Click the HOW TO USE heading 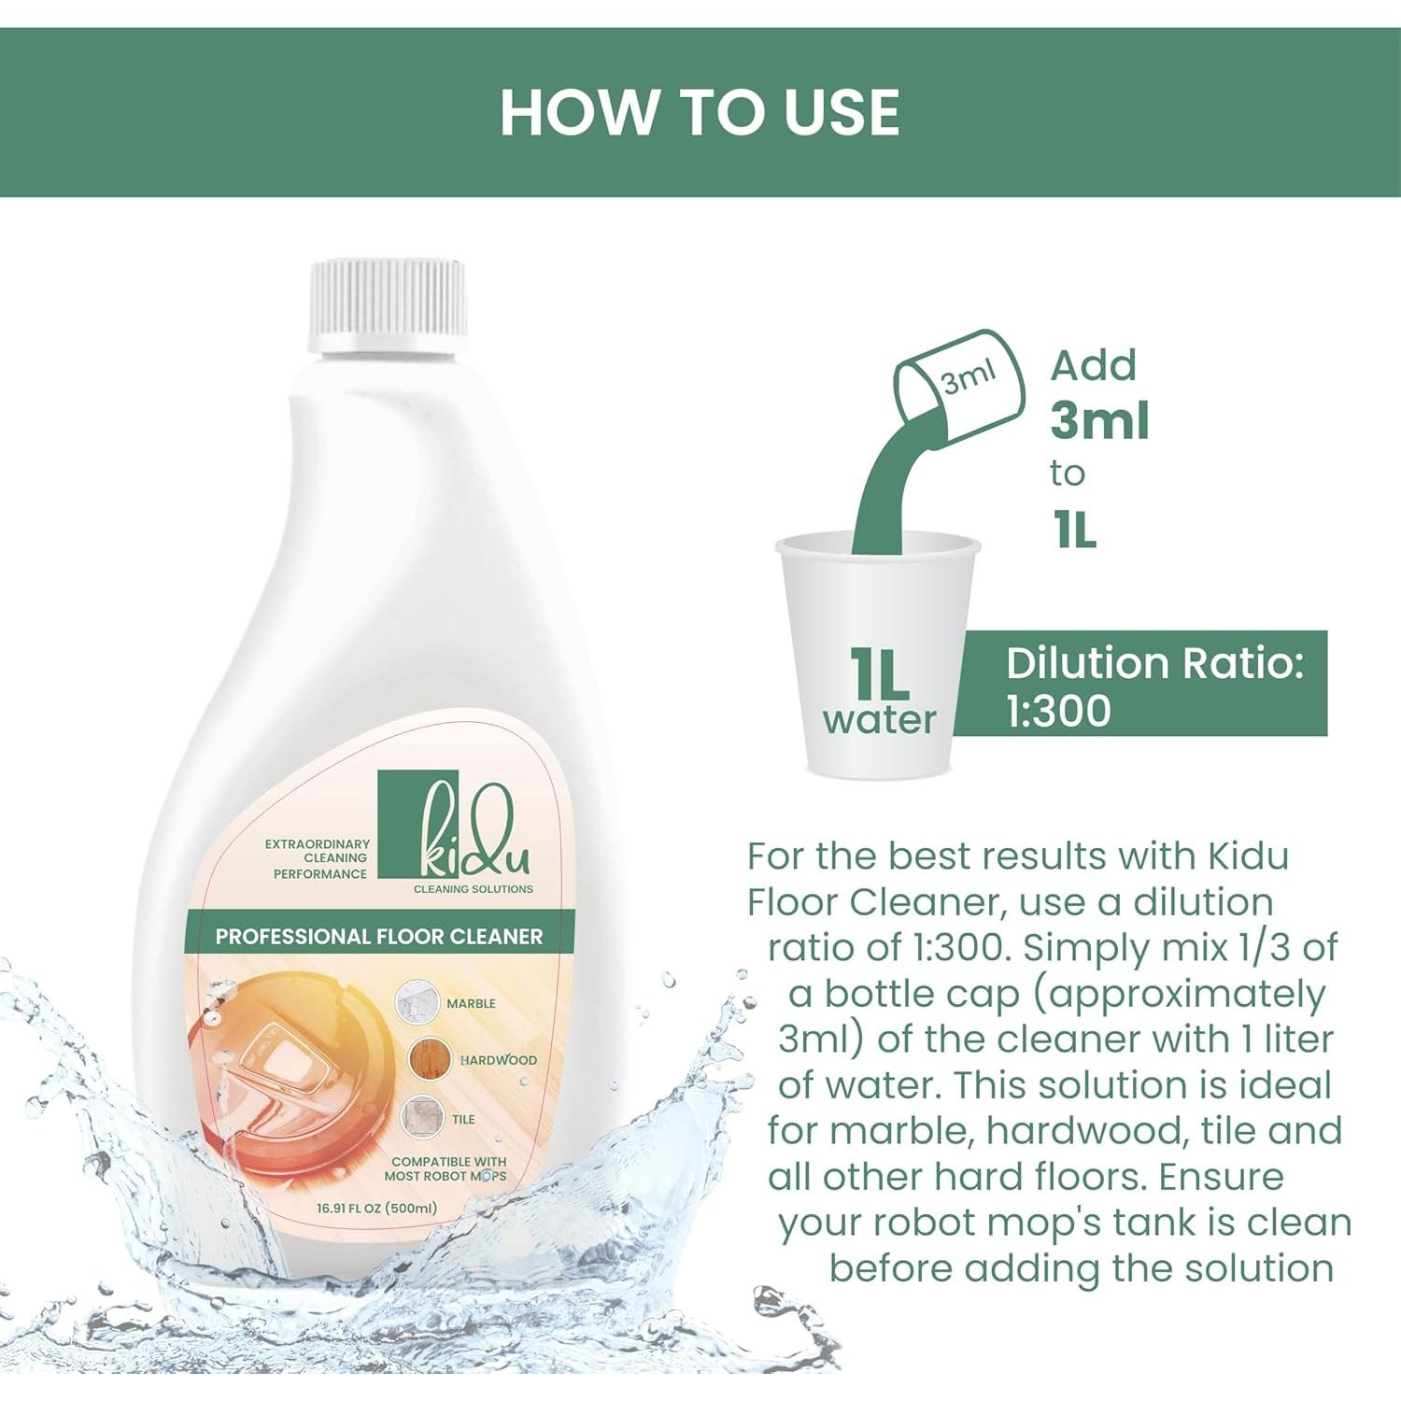700,112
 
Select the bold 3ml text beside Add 1099,420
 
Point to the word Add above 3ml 1093,365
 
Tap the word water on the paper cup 879,720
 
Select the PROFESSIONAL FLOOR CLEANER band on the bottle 378,936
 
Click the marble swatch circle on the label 417,1001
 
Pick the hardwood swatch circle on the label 430,1059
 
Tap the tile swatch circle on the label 422,1118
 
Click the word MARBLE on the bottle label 471,1003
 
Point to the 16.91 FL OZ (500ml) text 376,1208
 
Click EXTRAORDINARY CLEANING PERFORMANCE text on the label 318,858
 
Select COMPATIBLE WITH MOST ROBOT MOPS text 446,1168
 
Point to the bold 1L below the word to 1074,531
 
